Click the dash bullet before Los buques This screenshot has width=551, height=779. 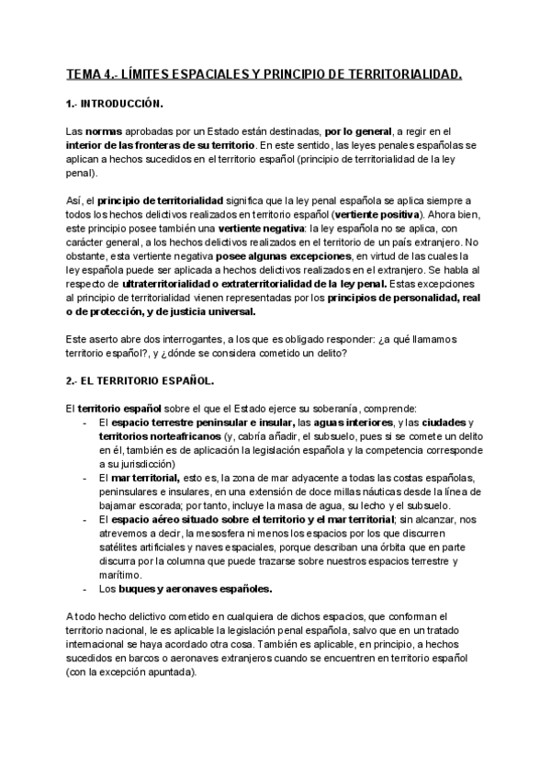[84, 590]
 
